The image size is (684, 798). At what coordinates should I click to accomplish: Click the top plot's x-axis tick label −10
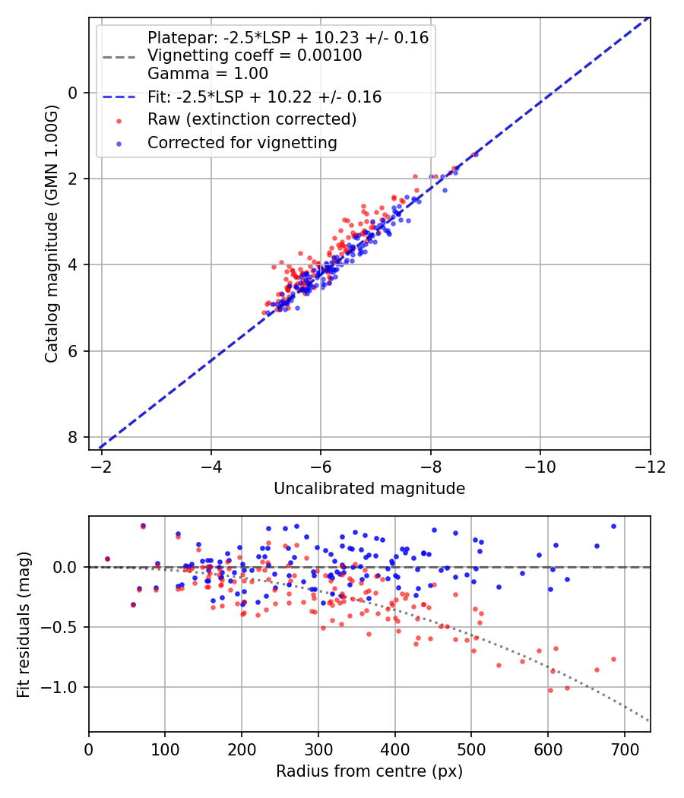tap(540, 467)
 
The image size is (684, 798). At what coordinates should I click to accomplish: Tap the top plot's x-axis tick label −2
tap(101, 467)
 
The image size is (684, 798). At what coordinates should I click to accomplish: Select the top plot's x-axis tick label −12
tap(650, 467)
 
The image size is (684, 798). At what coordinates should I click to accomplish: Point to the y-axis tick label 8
tap(73, 437)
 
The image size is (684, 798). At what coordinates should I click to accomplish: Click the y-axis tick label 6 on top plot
tap(73, 351)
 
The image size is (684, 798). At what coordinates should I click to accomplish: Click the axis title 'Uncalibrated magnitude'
tap(369, 489)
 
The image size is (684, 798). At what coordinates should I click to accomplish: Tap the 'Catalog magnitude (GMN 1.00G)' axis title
tap(52, 234)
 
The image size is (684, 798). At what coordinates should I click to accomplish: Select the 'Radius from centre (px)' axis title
tap(369, 771)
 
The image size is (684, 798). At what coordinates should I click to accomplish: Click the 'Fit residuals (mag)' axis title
tap(24, 625)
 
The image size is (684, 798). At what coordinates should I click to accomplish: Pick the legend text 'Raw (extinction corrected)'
tap(252, 119)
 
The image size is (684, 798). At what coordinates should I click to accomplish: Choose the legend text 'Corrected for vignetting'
tap(242, 143)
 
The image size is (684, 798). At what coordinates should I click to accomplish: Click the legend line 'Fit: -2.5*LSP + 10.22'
tap(119, 97)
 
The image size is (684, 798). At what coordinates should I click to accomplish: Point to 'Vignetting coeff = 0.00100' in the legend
tap(255, 55)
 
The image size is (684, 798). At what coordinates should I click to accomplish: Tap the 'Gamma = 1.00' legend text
tap(207, 73)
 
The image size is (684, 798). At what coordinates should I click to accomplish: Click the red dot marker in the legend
tap(119, 121)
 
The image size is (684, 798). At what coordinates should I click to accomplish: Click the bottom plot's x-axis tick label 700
tap(624, 749)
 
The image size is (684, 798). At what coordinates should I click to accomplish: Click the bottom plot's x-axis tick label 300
tap(318, 749)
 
